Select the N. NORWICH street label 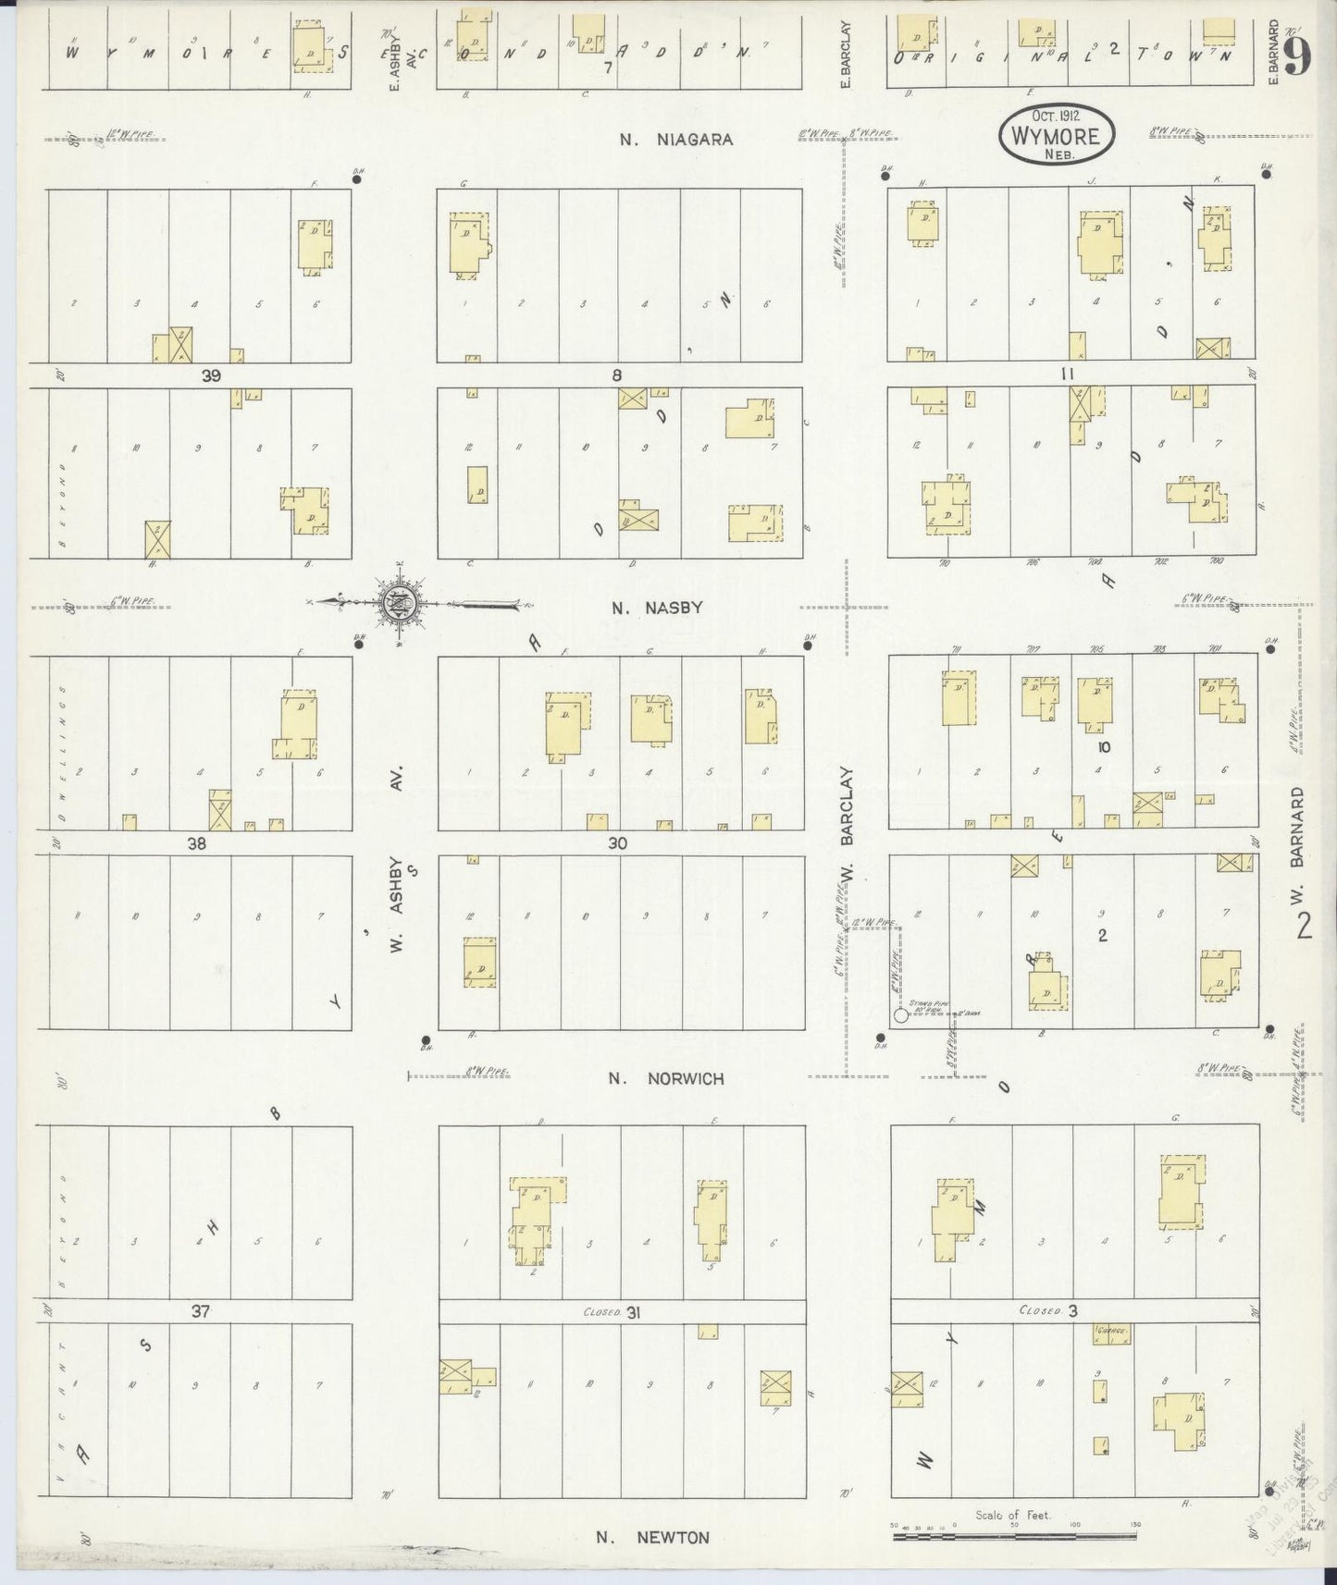point(666,1078)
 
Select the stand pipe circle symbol point(900,1015)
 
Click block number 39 point(213,375)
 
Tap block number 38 point(196,843)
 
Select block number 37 point(201,1310)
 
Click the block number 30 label point(618,843)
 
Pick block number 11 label point(1068,375)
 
